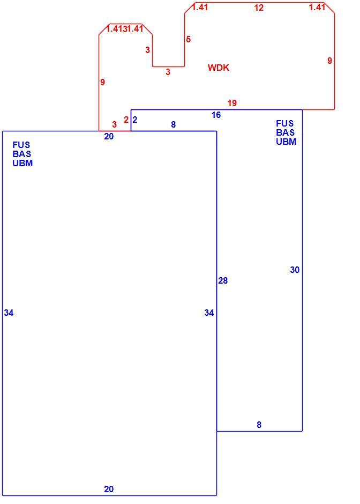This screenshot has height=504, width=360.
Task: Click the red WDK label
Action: [x=219, y=68]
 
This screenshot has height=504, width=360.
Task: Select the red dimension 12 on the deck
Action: [x=259, y=8]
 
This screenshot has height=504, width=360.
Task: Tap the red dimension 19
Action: [x=232, y=103]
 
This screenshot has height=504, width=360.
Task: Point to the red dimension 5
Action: [x=188, y=39]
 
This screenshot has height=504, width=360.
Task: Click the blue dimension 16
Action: [x=216, y=115]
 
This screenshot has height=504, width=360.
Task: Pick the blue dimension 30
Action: [x=295, y=270]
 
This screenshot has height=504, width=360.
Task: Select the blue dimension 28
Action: [x=223, y=280]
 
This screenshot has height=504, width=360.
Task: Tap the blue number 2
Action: [x=135, y=120]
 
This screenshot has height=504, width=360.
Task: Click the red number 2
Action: [x=126, y=120]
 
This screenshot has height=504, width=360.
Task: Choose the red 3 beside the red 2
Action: [x=114, y=124]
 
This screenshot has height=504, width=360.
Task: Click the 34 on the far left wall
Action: [x=9, y=313]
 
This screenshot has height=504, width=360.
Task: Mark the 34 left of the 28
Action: [x=209, y=313]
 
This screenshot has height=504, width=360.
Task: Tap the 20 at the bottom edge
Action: [x=109, y=489]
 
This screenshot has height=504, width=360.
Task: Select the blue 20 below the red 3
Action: [x=109, y=136]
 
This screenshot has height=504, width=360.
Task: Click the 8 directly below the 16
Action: [x=174, y=124]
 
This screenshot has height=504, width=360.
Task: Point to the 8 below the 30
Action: [x=259, y=425]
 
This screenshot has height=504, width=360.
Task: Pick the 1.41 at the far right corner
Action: [x=317, y=7]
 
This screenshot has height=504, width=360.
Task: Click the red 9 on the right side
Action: [x=329, y=61]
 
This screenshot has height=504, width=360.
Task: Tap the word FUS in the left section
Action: [x=21, y=145]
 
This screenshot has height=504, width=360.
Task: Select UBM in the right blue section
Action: [x=286, y=142]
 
